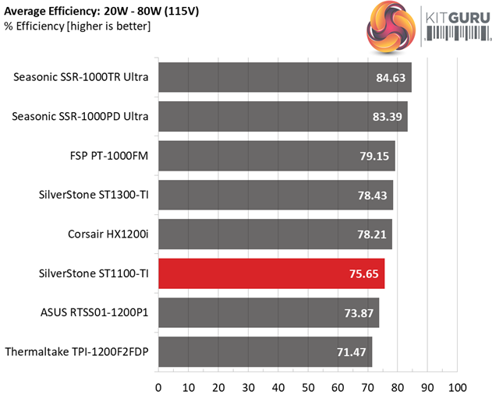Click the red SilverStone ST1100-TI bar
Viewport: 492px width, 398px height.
click(271, 274)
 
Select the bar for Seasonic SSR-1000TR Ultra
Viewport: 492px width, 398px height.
click(285, 77)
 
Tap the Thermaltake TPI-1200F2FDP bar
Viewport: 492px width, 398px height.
click(265, 352)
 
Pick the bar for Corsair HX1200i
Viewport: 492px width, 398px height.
click(274, 234)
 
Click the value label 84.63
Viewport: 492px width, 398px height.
click(387, 77)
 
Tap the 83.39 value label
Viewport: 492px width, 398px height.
click(383, 117)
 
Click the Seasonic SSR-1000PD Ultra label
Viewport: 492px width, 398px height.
click(80, 117)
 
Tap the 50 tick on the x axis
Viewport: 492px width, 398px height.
click(308, 387)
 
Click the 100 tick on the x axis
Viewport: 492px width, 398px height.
click(458, 387)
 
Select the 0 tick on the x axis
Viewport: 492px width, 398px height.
click(158, 387)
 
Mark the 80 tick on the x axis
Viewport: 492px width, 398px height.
click(398, 387)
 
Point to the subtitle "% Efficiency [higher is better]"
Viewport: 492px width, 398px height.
click(76, 26)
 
